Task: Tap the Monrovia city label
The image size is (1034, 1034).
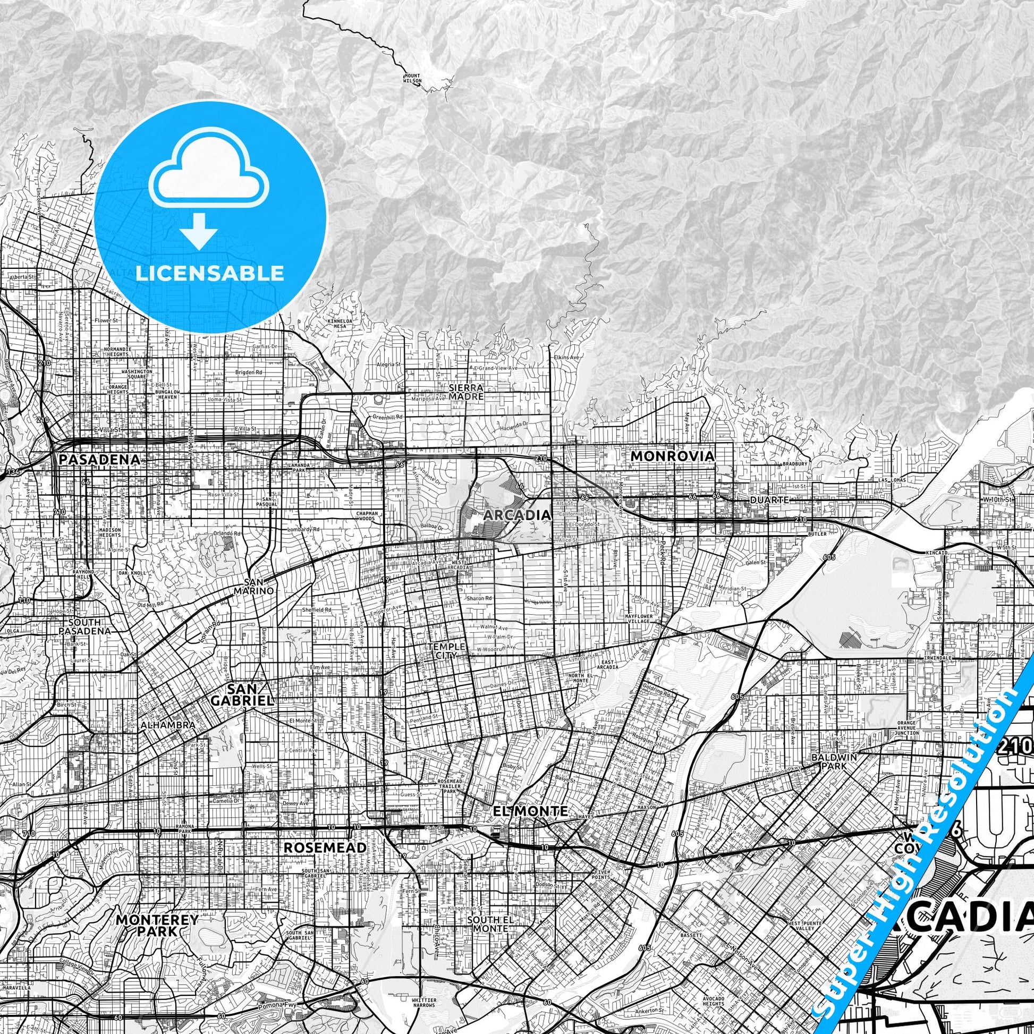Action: pyautogui.click(x=672, y=456)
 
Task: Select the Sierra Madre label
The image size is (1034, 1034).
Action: pyautogui.click(x=466, y=392)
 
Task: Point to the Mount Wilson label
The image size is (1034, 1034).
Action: pyautogui.click(x=412, y=78)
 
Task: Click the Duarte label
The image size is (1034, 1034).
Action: pyautogui.click(x=769, y=500)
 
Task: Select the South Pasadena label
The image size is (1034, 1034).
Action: pyautogui.click(x=90, y=626)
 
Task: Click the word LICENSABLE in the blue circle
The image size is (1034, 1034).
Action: pyautogui.click(x=210, y=274)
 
